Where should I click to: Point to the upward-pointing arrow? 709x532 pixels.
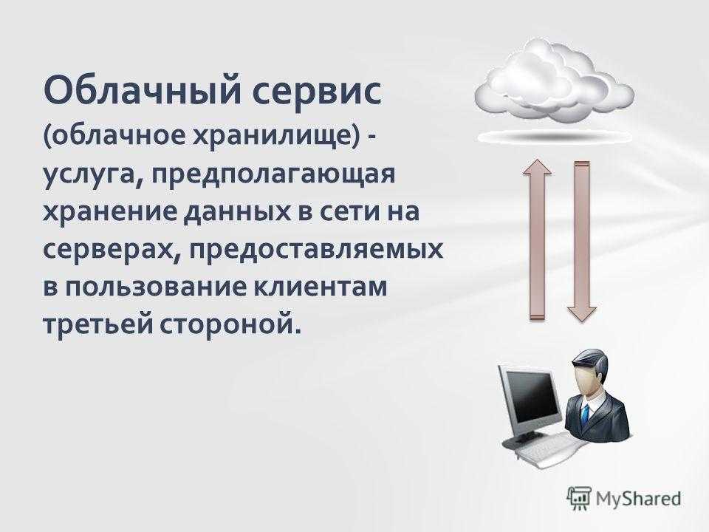pyautogui.click(x=537, y=239)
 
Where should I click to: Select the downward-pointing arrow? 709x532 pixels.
pyautogui.click(x=582, y=242)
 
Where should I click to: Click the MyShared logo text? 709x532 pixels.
pyautogui.click(x=638, y=499)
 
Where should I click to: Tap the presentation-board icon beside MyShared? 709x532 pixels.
pyautogui.click(x=579, y=499)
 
